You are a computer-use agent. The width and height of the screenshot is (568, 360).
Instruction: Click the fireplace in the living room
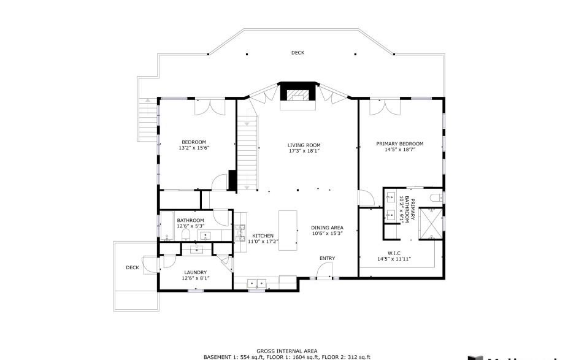(298, 94)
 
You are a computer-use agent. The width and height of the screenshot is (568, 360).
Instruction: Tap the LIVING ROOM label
(304, 145)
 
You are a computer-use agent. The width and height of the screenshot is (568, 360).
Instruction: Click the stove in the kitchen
(239, 230)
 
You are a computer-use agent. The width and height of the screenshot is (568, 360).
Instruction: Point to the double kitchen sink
(256, 283)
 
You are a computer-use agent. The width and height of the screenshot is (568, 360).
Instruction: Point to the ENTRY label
(326, 258)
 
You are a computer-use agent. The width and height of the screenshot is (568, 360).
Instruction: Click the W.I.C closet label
(393, 253)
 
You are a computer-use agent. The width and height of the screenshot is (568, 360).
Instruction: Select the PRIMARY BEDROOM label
(399, 144)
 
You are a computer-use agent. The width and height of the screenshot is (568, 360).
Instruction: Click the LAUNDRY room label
(195, 272)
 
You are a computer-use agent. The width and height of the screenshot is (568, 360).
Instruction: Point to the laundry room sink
(197, 249)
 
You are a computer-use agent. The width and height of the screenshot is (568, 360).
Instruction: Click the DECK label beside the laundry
(132, 267)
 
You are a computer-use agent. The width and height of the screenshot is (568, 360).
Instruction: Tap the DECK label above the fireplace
(297, 53)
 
